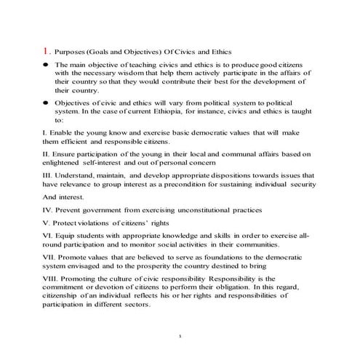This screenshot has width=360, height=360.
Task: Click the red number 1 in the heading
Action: pos(45,51)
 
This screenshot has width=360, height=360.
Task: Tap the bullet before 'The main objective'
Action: pos(45,65)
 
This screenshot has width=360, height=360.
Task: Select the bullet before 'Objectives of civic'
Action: pos(45,103)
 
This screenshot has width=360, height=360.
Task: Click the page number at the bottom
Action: pos(179,337)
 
